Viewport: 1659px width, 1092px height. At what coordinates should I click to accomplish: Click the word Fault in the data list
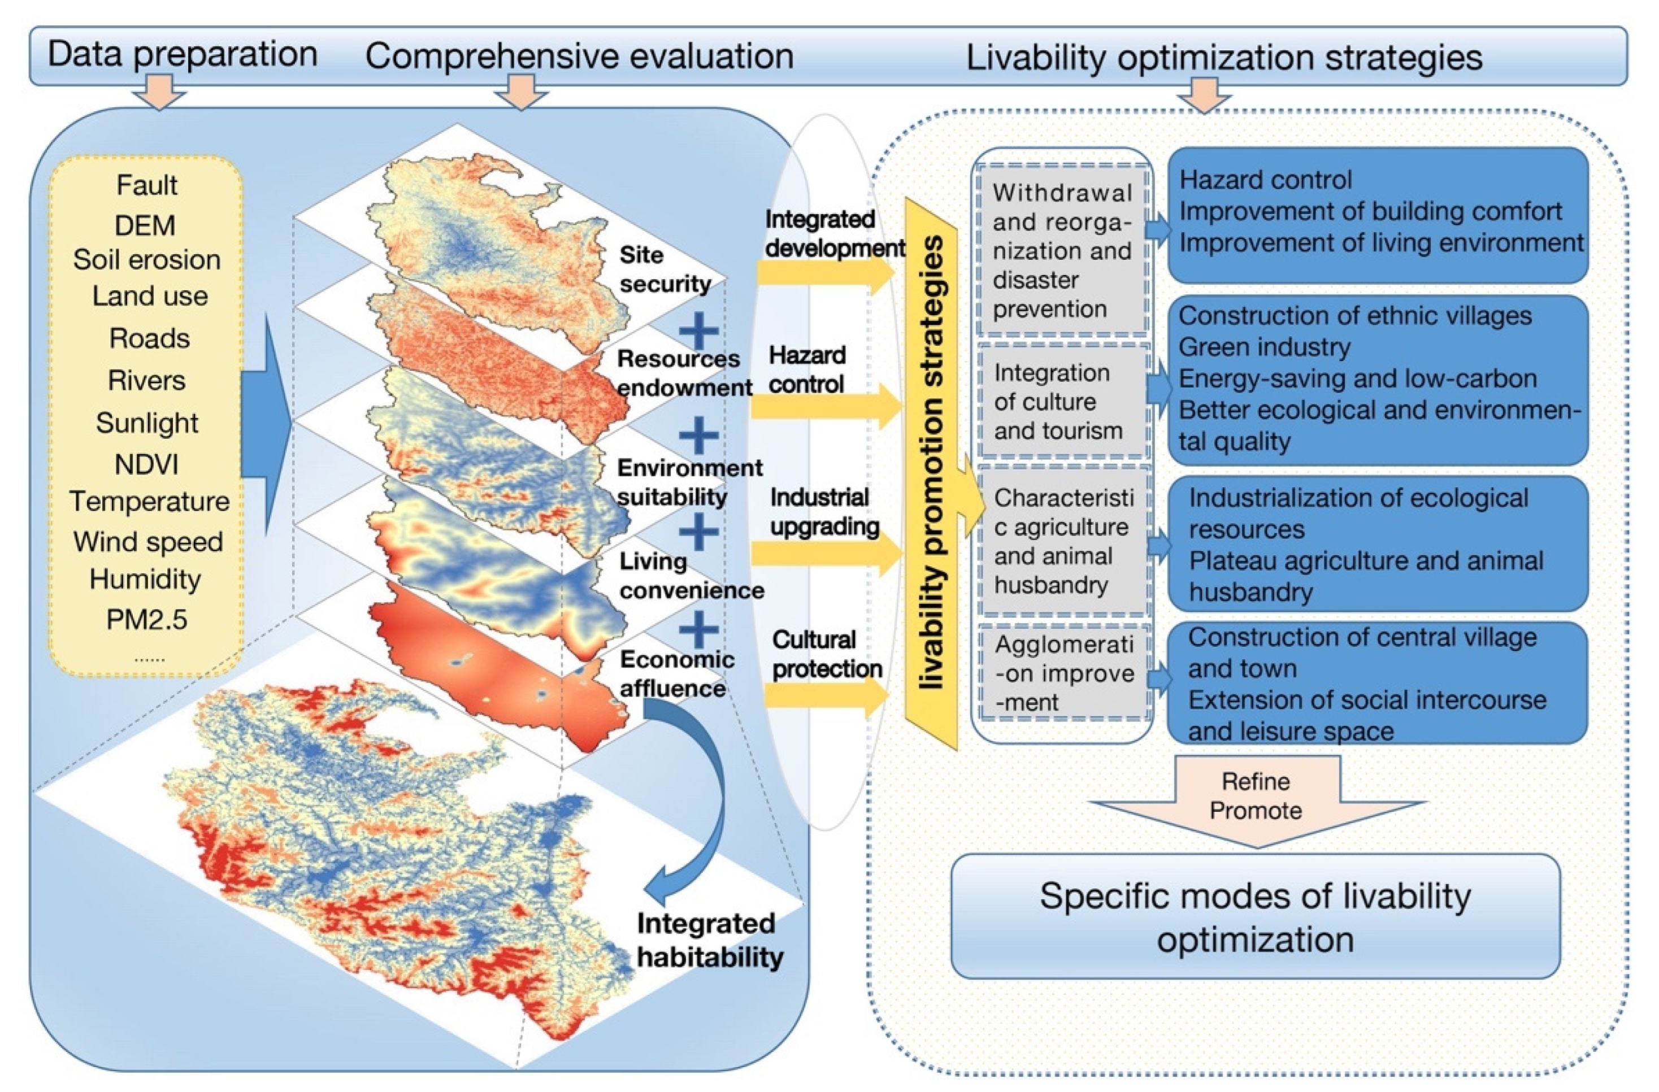coord(146,185)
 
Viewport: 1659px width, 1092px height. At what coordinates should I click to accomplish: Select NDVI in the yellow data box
coord(146,464)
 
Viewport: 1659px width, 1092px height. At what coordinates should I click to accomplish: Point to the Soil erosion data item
coord(146,260)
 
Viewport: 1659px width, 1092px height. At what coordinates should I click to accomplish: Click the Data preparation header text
coord(183,54)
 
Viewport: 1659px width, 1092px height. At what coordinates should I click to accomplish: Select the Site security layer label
coord(665,269)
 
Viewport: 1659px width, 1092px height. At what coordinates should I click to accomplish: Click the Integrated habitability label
coord(709,940)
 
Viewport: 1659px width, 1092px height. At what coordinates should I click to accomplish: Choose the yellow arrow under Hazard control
coord(826,406)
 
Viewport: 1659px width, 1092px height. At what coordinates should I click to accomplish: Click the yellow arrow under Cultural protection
coord(826,695)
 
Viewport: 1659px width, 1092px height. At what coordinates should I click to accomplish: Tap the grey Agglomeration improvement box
coord(1062,673)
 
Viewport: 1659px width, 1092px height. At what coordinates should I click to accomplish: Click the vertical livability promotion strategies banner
coord(931,474)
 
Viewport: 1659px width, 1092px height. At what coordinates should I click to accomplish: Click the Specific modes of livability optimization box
coord(1255,916)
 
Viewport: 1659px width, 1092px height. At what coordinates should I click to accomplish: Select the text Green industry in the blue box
coord(1264,347)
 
